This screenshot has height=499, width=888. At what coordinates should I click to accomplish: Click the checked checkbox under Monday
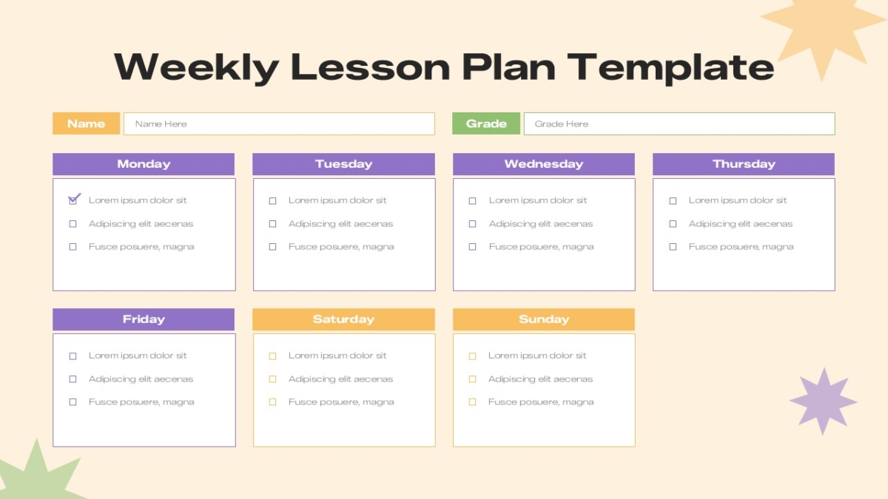pos(73,200)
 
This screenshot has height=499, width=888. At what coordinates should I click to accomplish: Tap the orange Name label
pos(86,123)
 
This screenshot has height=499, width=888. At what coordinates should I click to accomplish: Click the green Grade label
pos(486,123)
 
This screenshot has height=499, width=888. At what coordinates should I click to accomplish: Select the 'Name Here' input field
pos(279,123)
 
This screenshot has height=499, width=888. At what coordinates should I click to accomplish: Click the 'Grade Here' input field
pos(679,123)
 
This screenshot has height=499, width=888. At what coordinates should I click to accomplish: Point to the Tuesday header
pos(343,164)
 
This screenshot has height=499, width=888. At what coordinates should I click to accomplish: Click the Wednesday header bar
pos(544,164)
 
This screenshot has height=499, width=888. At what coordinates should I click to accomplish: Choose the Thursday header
pos(744,164)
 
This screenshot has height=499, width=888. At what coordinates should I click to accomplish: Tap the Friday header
pos(144,319)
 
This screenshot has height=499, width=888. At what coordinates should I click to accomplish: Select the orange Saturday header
pos(343,319)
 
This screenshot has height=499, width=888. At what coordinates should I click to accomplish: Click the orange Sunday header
pos(544,319)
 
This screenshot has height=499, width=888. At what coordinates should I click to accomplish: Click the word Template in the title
pos(670,68)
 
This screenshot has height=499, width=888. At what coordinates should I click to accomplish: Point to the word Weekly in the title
pos(197,68)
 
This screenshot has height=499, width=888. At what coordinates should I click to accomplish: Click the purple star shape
pos(824,401)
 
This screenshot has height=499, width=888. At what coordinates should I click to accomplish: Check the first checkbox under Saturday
pos(273,356)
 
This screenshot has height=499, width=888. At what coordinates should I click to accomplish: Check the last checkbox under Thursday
pos(673,247)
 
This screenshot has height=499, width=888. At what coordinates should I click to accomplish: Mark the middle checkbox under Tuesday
pos(273,224)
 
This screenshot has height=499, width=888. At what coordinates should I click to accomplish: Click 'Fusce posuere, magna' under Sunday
pos(541,402)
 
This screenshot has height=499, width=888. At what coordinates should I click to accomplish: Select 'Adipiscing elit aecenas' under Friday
pos(141,379)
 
